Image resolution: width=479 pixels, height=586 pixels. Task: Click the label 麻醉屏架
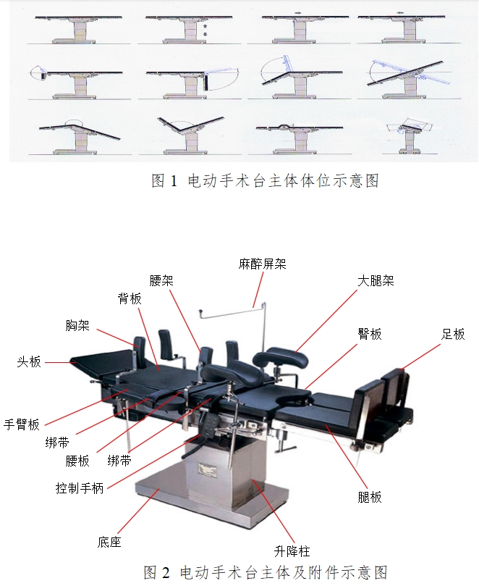click(262, 264)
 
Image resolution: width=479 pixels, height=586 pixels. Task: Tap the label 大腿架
click(376, 280)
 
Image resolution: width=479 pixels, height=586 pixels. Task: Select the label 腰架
click(161, 280)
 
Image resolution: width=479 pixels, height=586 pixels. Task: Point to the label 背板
click(130, 298)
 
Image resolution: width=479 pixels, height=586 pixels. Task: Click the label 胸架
click(78, 326)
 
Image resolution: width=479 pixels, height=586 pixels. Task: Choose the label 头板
click(29, 361)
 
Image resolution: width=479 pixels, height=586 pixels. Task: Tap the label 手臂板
click(22, 424)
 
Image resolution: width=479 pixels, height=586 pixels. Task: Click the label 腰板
click(78, 461)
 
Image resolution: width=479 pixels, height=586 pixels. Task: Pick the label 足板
click(453, 334)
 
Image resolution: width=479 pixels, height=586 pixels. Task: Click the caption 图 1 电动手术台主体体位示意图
click(265, 181)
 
